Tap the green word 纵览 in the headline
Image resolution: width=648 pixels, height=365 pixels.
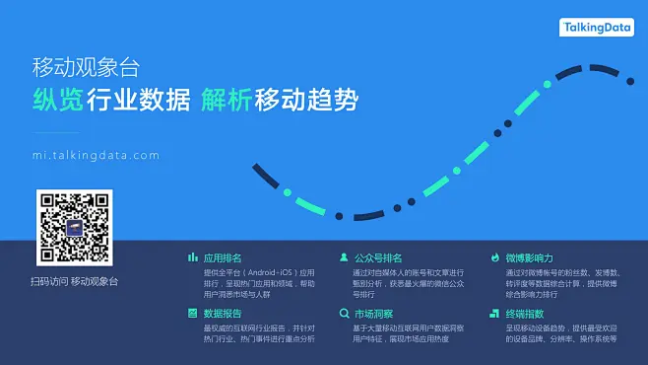tap(56, 100)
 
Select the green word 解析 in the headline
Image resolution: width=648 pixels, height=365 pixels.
tap(225, 100)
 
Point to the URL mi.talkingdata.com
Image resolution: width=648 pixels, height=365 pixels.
tap(96, 155)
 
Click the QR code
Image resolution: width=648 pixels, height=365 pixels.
tap(75, 228)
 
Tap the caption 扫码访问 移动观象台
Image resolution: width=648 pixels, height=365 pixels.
tap(74, 282)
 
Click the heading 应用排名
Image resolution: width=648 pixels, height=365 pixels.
tap(223, 256)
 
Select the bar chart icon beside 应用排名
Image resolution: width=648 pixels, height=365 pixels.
tap(193, 256)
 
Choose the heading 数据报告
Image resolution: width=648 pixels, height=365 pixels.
tap(223, 313)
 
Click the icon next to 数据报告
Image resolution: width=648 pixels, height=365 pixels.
tap(193, 313)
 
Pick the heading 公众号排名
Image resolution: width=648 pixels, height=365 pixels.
tap(378, 256)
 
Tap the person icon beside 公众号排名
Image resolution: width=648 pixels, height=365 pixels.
tap(344, 256)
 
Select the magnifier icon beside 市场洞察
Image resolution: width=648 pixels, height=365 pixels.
tap(344, 313)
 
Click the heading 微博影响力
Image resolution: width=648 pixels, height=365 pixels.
tap(529, 256)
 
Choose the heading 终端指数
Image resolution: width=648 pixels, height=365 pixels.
tap(524, 313)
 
